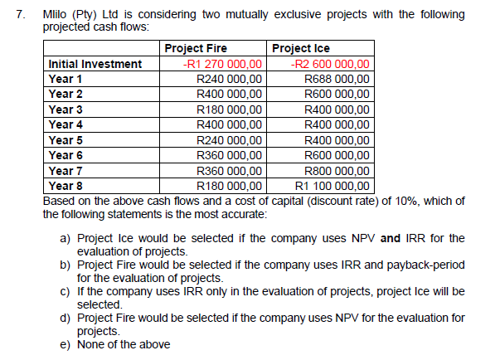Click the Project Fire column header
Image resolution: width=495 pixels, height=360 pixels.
197,49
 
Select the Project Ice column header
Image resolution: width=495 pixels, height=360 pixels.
300,49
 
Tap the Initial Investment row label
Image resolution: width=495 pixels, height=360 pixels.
95,64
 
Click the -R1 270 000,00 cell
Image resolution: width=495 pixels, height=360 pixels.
223,64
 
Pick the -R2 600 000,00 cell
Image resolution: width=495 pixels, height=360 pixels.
331,64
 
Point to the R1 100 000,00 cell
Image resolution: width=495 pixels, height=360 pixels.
332,186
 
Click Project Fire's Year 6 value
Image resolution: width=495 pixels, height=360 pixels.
230,155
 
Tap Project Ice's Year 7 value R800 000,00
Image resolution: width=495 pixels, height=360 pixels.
337,170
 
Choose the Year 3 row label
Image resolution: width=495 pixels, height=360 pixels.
66,109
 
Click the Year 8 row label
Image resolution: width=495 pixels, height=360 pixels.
66,186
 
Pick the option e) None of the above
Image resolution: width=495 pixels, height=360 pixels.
115,344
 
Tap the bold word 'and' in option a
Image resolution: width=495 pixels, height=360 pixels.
391,239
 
